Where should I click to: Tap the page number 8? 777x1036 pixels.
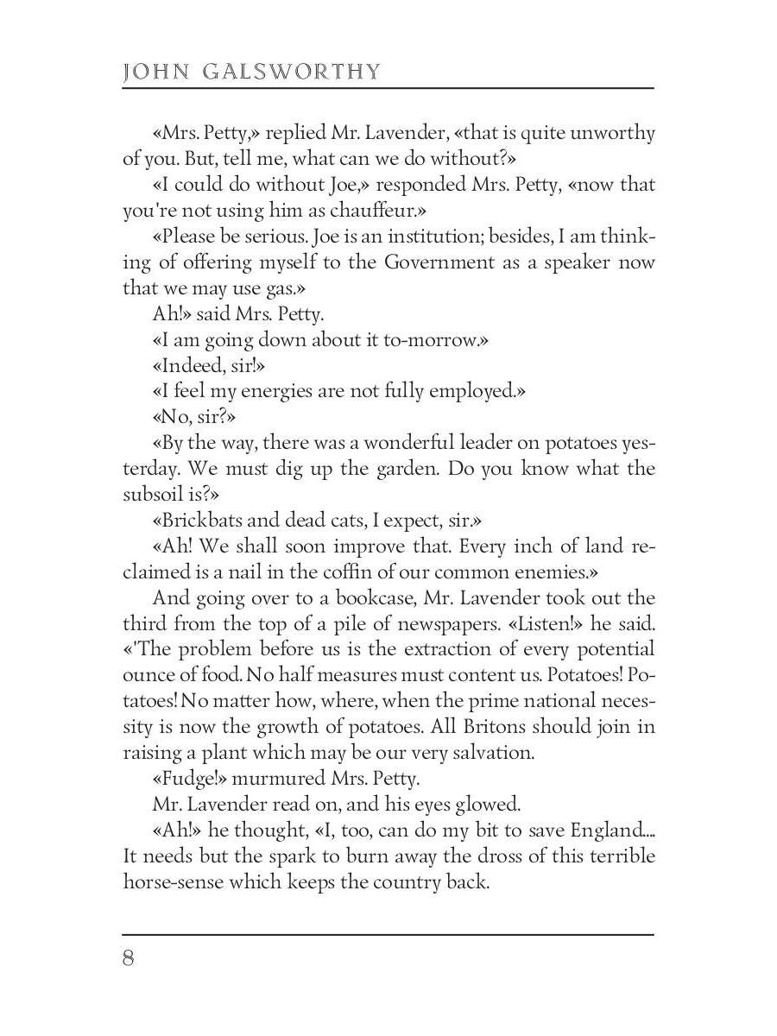[129, 958]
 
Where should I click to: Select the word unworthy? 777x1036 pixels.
[613, 134]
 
